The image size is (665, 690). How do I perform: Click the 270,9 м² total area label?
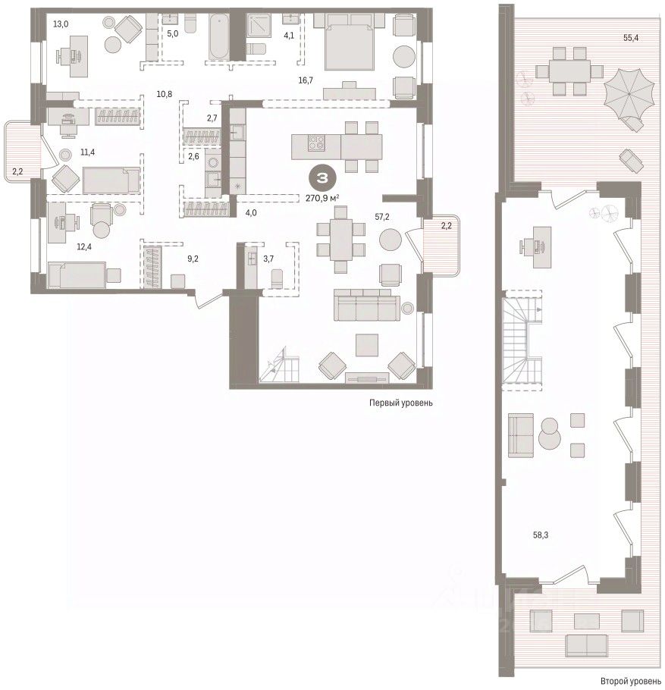[x=322, y=199]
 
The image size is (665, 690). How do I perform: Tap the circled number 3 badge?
[x=322, y=177]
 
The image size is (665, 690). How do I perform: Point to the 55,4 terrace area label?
[x=631, y=38]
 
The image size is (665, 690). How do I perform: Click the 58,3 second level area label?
[x=541, y=535]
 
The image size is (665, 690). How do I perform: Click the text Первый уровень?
[x=400, y=403]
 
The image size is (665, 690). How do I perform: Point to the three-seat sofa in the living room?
[x=366, y=305]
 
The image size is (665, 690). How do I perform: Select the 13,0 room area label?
[x=61, y=24]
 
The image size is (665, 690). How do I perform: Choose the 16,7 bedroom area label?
[x=306, y=80]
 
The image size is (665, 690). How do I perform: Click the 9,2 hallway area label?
[x=193, y=259]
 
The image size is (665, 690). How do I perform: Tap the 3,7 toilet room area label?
[x=268, y=259]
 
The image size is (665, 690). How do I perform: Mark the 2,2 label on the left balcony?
[x=17, y=171]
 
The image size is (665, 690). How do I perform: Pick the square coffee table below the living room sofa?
[x=367, y=345]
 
